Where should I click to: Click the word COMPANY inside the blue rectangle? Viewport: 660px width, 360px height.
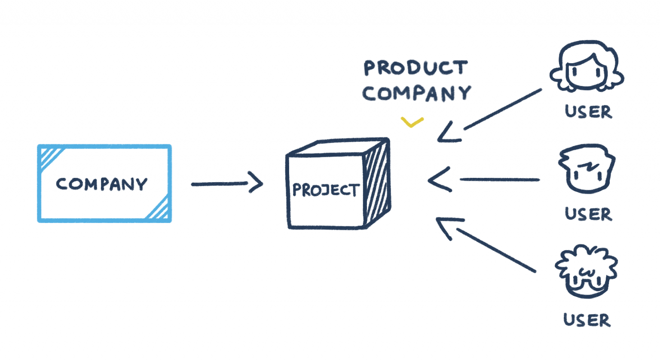coord(101,184)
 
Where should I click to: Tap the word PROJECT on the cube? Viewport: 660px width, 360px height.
coord(325,189)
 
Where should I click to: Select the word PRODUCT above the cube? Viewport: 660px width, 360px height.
coord(416,68)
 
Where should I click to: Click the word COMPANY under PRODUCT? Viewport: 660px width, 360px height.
coord(416,93)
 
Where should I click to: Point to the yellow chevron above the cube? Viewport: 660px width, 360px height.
coord(412,122)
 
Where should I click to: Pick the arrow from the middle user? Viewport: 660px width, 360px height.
coord(486,180)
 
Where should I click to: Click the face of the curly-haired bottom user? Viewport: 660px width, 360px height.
coord(586,279)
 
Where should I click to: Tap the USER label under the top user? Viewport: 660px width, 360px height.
coord(588,112)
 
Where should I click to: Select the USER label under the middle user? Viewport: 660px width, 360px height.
coord(588,214)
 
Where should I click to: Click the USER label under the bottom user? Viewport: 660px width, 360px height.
coord(587,320)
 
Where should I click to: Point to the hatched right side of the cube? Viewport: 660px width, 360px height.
coord(377,183)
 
